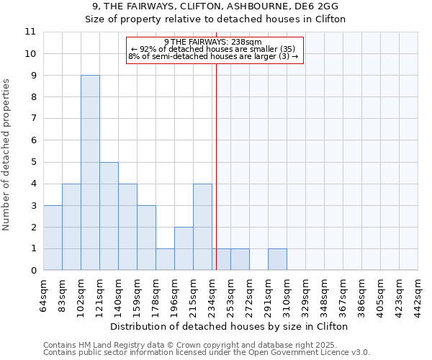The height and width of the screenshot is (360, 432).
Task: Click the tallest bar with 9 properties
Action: [90, 173]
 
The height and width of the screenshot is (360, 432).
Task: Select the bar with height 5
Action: [109, 216]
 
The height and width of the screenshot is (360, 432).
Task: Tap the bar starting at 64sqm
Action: [53, 238]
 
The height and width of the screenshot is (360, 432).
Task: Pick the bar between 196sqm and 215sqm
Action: [184, 248]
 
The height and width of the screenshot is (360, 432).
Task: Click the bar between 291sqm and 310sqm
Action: [277, 259]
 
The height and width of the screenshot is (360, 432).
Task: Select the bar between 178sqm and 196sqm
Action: [165, 259]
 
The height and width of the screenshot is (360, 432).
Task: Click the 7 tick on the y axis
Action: [32, 119]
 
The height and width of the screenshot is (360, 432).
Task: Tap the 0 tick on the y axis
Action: [32, 271]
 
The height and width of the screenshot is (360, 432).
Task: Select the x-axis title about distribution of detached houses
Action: [230, 326]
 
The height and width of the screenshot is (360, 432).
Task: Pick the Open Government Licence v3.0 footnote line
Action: [207, 353]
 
